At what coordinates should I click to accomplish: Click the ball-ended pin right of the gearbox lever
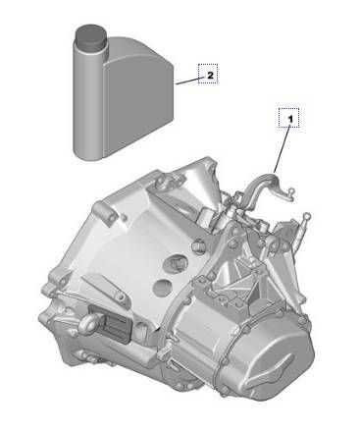click(x=307, y=218)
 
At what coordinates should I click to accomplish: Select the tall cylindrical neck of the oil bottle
click(x=89, y=88)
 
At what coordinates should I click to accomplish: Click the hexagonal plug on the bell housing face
click(x=177, y=262)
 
